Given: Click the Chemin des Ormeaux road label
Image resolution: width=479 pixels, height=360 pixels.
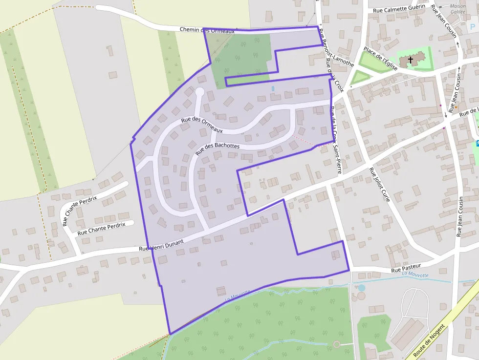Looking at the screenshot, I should [207, 30].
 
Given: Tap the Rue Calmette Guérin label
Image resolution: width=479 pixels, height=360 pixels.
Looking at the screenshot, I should [400, 9].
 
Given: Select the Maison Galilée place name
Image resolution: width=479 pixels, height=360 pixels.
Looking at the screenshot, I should [458, 9].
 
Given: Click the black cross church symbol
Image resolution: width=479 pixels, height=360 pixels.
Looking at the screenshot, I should [411, 60].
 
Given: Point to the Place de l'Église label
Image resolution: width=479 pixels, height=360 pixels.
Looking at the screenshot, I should [380, 58].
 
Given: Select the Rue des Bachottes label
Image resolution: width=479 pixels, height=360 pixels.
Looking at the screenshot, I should [217, 148].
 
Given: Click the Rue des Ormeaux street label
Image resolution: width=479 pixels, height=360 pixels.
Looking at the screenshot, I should [201, 125].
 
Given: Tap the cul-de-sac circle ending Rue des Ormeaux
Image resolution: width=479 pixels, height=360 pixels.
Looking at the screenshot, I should [199, 91].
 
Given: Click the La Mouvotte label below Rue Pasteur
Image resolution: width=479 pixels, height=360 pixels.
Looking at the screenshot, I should [415, 275].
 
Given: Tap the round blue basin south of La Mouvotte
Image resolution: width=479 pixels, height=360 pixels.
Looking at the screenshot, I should [361, 288].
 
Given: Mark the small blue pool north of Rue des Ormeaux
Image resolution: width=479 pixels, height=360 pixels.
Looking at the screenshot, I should [273, 88].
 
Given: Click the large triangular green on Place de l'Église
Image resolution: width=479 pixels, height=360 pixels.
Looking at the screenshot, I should [371, 62].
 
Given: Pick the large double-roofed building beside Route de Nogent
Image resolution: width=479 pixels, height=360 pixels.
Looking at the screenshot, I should [408, 335].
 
